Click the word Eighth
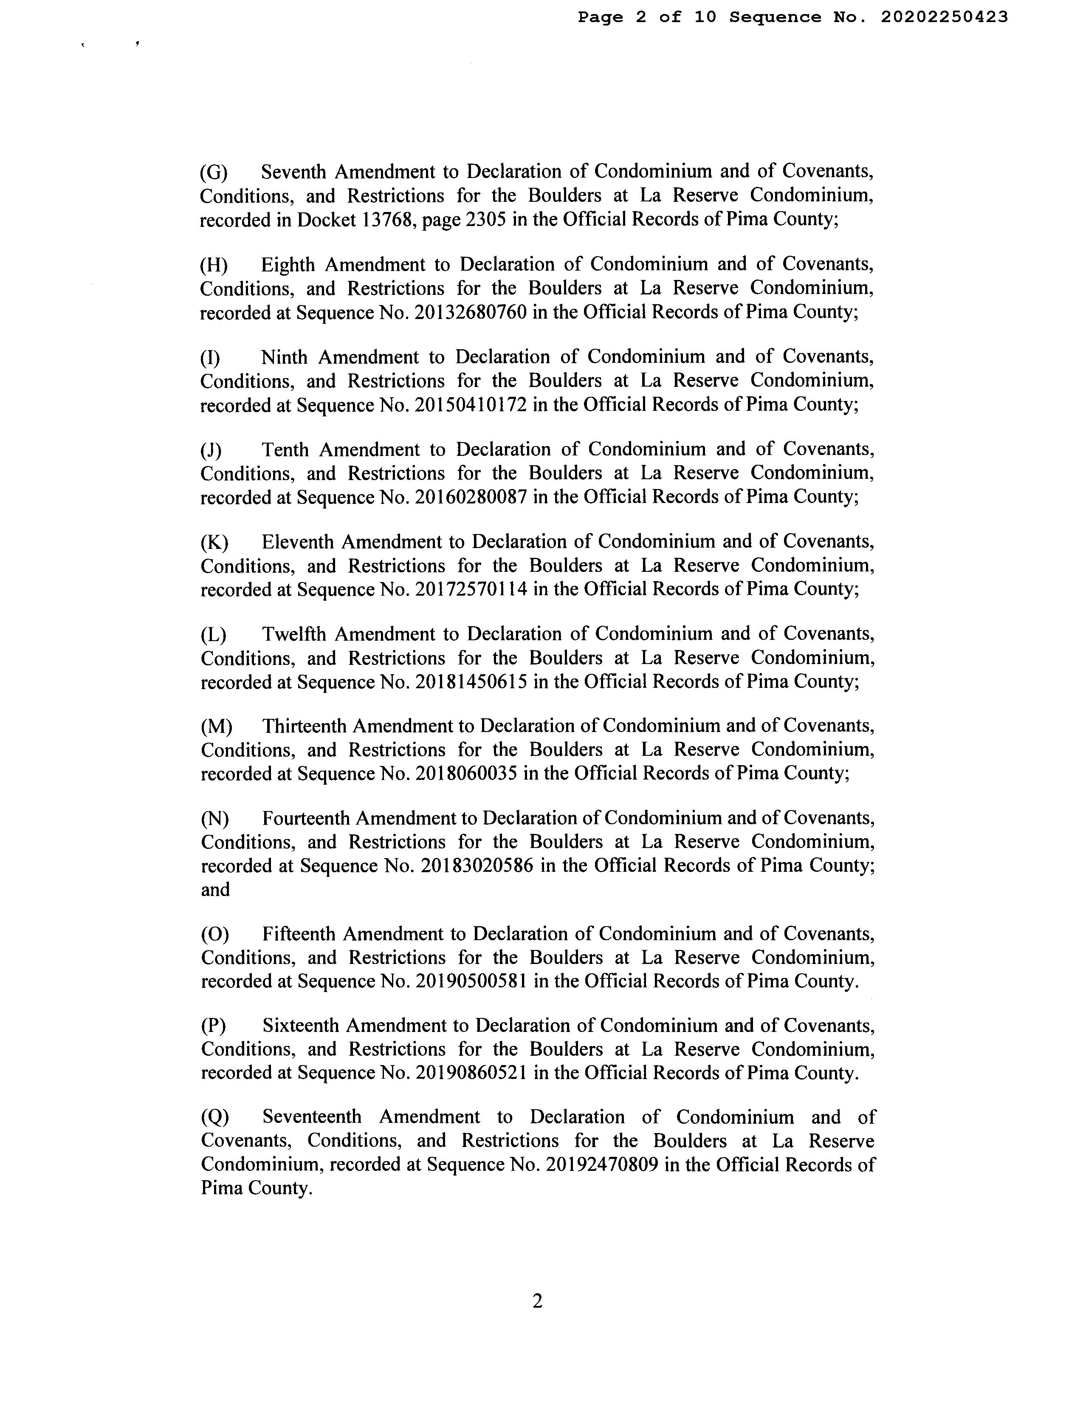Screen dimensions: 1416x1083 pos(288,264)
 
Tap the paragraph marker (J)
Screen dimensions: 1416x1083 pos(211,449)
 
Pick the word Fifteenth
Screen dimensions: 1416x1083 pos(299,934)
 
